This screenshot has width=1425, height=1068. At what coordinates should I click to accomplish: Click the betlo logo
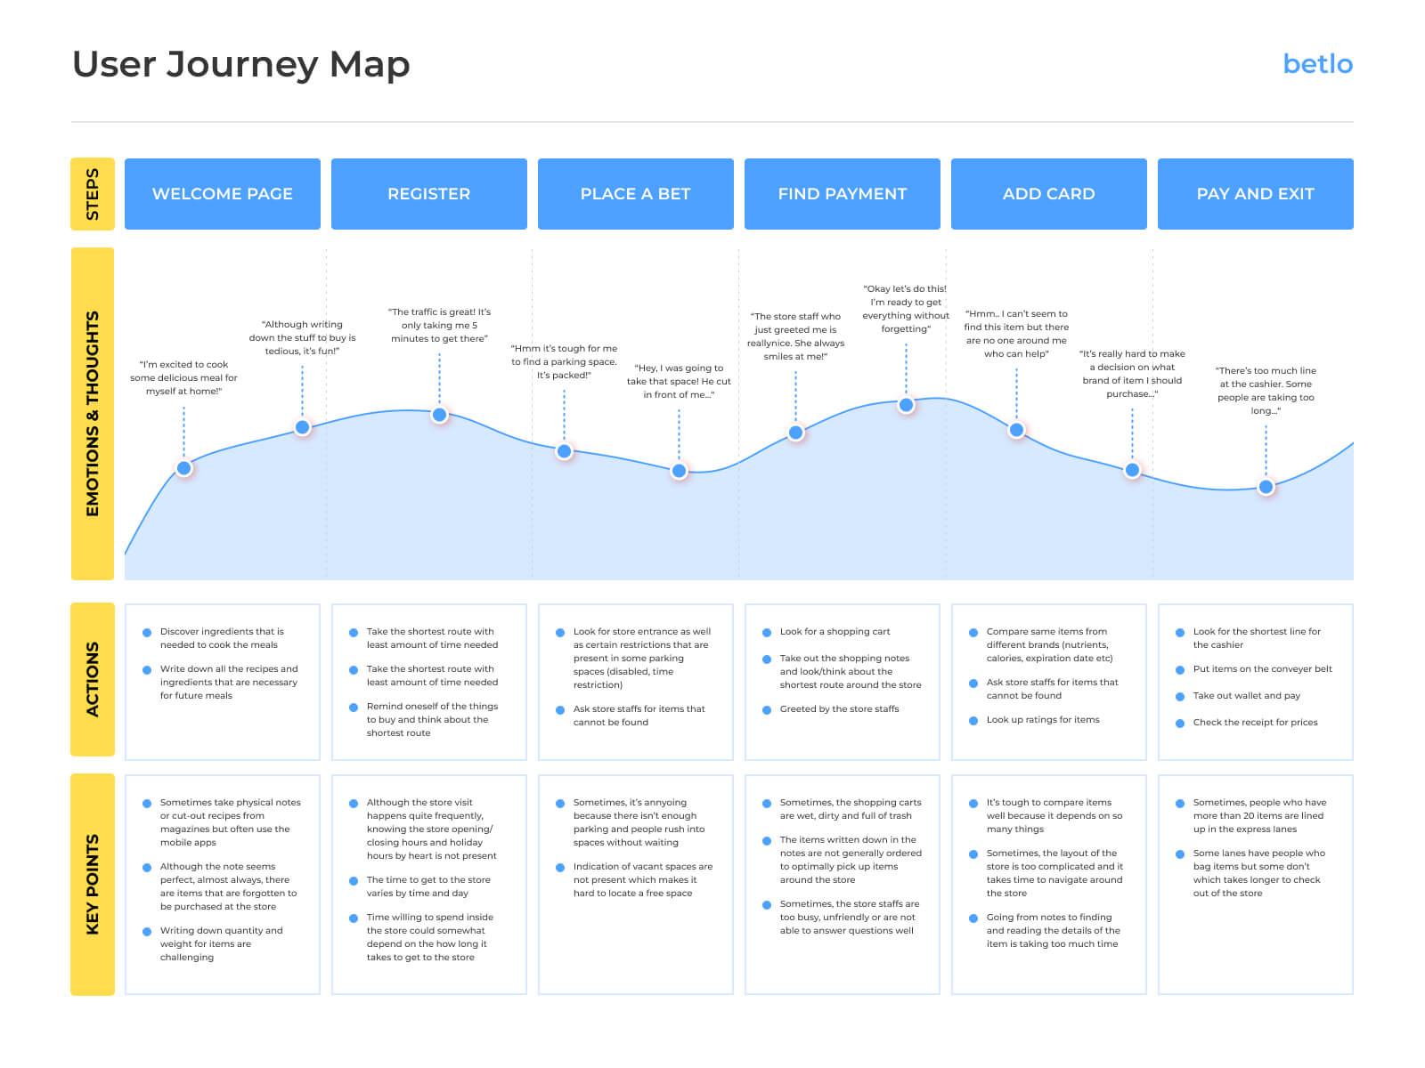coord(1317,64)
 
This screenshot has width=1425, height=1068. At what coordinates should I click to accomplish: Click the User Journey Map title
coord(240,64)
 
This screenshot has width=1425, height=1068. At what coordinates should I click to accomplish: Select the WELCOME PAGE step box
coord(223,194)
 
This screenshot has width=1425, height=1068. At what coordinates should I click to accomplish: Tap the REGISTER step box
coord(429,194)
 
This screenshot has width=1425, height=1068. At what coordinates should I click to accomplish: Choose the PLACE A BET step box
coord(636,194)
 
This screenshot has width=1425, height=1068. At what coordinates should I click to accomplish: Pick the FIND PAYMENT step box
coord(843,194)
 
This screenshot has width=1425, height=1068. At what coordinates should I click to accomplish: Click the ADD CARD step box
coord(1049,194)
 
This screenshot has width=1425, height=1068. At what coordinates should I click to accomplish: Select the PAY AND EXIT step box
coord(1256,194)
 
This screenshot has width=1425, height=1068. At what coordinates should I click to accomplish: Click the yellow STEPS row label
coord(93,194)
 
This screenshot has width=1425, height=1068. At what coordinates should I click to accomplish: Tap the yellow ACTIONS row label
coord(93,679)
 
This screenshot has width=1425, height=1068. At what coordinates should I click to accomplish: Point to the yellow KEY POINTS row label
coord(93,885)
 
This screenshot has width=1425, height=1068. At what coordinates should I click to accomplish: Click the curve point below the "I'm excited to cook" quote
coord(184,468)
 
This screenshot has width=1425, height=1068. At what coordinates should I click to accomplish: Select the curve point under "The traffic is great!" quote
coord(439,415)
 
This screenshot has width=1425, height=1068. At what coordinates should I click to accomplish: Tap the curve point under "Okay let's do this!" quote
coord(906,405)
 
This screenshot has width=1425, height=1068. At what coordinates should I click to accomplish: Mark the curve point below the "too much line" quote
coord(1266,487)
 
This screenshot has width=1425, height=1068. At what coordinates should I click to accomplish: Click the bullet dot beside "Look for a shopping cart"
coord(767,633)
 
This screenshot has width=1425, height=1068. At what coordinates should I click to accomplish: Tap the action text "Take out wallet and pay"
coord(1246,696)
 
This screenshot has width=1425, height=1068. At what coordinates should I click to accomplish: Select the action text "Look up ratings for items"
coord(1043,720)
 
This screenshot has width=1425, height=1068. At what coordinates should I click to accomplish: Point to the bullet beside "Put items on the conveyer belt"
coord(1180,670)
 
